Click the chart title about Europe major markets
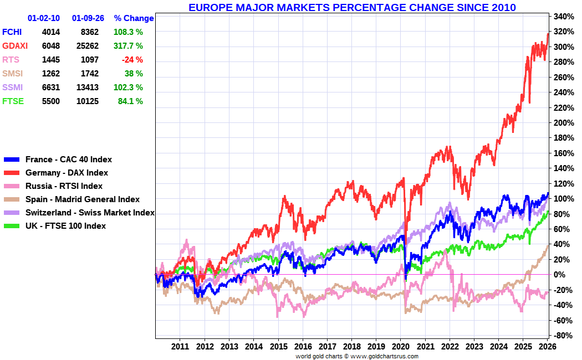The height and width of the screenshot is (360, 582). click(352, 8)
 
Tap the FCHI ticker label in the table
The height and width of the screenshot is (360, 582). click(12, 32)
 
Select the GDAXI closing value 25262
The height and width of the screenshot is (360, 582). click(85, 46)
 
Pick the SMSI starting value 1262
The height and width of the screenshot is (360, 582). click(50, 74)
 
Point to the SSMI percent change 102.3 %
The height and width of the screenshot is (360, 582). click(127, 88)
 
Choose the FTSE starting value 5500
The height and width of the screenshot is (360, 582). click(50, 101)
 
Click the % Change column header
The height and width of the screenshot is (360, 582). click(134, 18)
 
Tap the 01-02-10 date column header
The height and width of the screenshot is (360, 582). click(44, 18)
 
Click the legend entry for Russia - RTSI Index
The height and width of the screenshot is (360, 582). click(64, 186)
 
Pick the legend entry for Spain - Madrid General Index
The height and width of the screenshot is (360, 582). click(83, 199)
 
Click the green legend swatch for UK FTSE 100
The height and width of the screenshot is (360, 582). click(12, 226)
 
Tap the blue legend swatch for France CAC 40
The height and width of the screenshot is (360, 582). click(12, 160)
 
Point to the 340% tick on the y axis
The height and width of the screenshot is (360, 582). click(562, 17)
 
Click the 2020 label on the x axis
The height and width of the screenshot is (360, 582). click(400, 347)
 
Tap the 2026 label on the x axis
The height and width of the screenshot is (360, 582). click(547, 347)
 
